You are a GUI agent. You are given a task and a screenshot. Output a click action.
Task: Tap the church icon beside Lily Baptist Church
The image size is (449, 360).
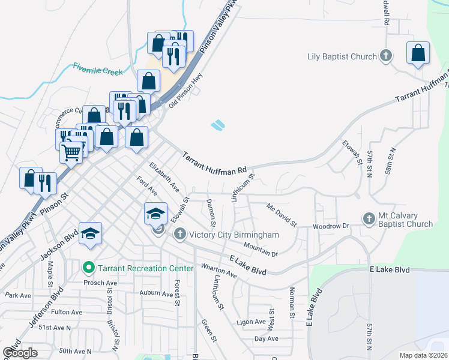tap(386, 57)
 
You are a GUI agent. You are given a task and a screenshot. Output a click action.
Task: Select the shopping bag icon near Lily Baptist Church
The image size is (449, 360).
tap(418, 53)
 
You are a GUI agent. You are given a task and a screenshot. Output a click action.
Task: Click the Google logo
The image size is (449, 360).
tap(20, 352)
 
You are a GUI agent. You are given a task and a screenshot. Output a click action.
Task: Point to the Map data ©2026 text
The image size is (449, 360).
tap(423, 355)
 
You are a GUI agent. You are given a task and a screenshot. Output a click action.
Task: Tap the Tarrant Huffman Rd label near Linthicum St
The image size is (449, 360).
tap(214, 162)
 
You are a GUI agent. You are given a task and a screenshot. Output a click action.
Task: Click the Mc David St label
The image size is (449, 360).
tap(282, 214)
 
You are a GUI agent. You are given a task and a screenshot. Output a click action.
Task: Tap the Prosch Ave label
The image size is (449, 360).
tap(99, 282)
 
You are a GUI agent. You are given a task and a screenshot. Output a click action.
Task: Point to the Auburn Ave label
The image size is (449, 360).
tap(156, 293)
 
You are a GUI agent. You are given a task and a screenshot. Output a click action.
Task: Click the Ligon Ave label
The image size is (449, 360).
tap(251, 322)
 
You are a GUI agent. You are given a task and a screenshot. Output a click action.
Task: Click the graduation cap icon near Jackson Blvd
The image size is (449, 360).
tap(90, 234)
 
